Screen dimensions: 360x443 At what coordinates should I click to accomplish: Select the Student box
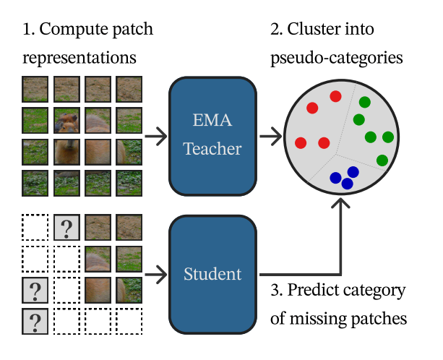212,274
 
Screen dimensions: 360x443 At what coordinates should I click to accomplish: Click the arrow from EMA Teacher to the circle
270,135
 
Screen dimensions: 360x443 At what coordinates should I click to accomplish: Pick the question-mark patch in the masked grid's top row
66,228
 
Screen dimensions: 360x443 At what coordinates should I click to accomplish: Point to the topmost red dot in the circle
335,96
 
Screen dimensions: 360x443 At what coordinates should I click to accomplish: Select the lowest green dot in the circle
382,160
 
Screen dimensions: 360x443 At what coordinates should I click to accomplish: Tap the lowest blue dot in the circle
347,184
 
